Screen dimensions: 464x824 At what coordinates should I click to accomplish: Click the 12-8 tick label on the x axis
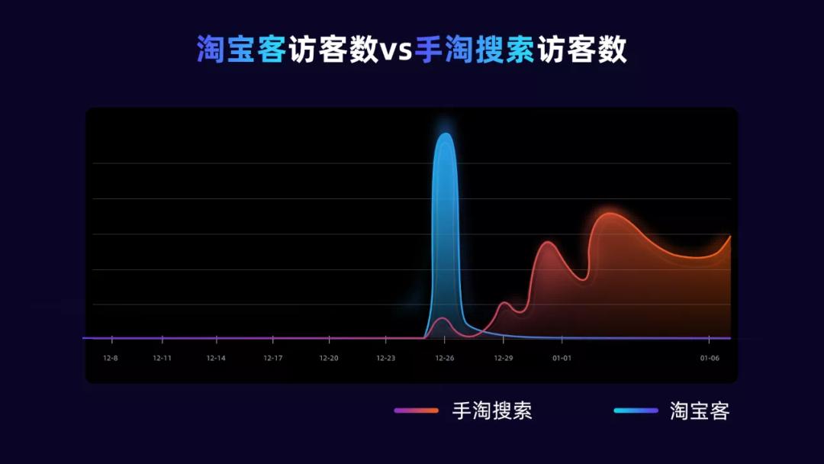[111, 358]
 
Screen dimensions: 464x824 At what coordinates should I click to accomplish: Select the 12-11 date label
[162, 358]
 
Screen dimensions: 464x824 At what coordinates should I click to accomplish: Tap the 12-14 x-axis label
[216, 358]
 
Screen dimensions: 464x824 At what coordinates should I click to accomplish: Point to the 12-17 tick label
[273, 358]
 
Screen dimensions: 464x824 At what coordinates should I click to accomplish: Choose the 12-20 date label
[329, 358]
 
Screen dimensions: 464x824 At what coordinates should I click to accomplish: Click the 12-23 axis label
[386, 358]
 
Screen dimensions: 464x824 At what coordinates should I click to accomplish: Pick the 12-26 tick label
[445, 358]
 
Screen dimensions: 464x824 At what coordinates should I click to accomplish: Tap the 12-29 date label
[503, 358]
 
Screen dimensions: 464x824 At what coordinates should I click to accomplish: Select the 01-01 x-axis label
[562, 358]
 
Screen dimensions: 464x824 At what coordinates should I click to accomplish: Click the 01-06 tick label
[710, 358]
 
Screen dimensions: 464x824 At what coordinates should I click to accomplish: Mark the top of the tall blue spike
[445, 134]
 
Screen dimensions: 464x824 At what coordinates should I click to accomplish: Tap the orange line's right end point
[730, 237]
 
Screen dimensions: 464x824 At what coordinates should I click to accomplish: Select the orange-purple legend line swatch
[416, 411]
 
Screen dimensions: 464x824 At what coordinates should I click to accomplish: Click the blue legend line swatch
[636, 411]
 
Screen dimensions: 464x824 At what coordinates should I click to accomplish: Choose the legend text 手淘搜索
[492, 411]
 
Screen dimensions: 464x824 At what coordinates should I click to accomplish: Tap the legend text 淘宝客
[700, 411]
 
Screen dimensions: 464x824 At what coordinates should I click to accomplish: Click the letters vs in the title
[396, 50]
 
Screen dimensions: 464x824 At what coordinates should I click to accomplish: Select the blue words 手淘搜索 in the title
[475, 50]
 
